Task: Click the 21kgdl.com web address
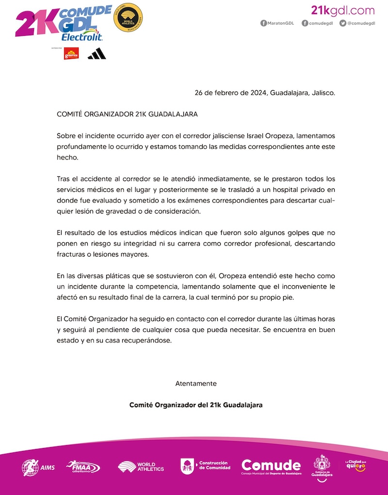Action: pyautogui.click(x=342, y=10)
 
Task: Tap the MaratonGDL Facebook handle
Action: pyautogui.click(x=278, y=23)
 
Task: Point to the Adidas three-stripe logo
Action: pyautogui.click(x=97, y=54)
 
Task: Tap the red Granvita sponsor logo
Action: pyautogui.click(x=71, y=54)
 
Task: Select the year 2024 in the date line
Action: pyautogui.click(x=258, y=92)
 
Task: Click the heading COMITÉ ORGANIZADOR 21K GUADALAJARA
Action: pyautogui.click(x=128, y=115)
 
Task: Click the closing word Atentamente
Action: pyautogui.click(x=196, y=383)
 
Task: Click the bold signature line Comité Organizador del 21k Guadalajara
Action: pyautogui.click(x=196, y=404)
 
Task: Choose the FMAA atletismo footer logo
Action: pyautogui.click(x=83, y=467)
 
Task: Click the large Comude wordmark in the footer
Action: pyautogui.click(x=271, y=466)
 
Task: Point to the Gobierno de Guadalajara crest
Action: pyautogui.click(x=322, y=466)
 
